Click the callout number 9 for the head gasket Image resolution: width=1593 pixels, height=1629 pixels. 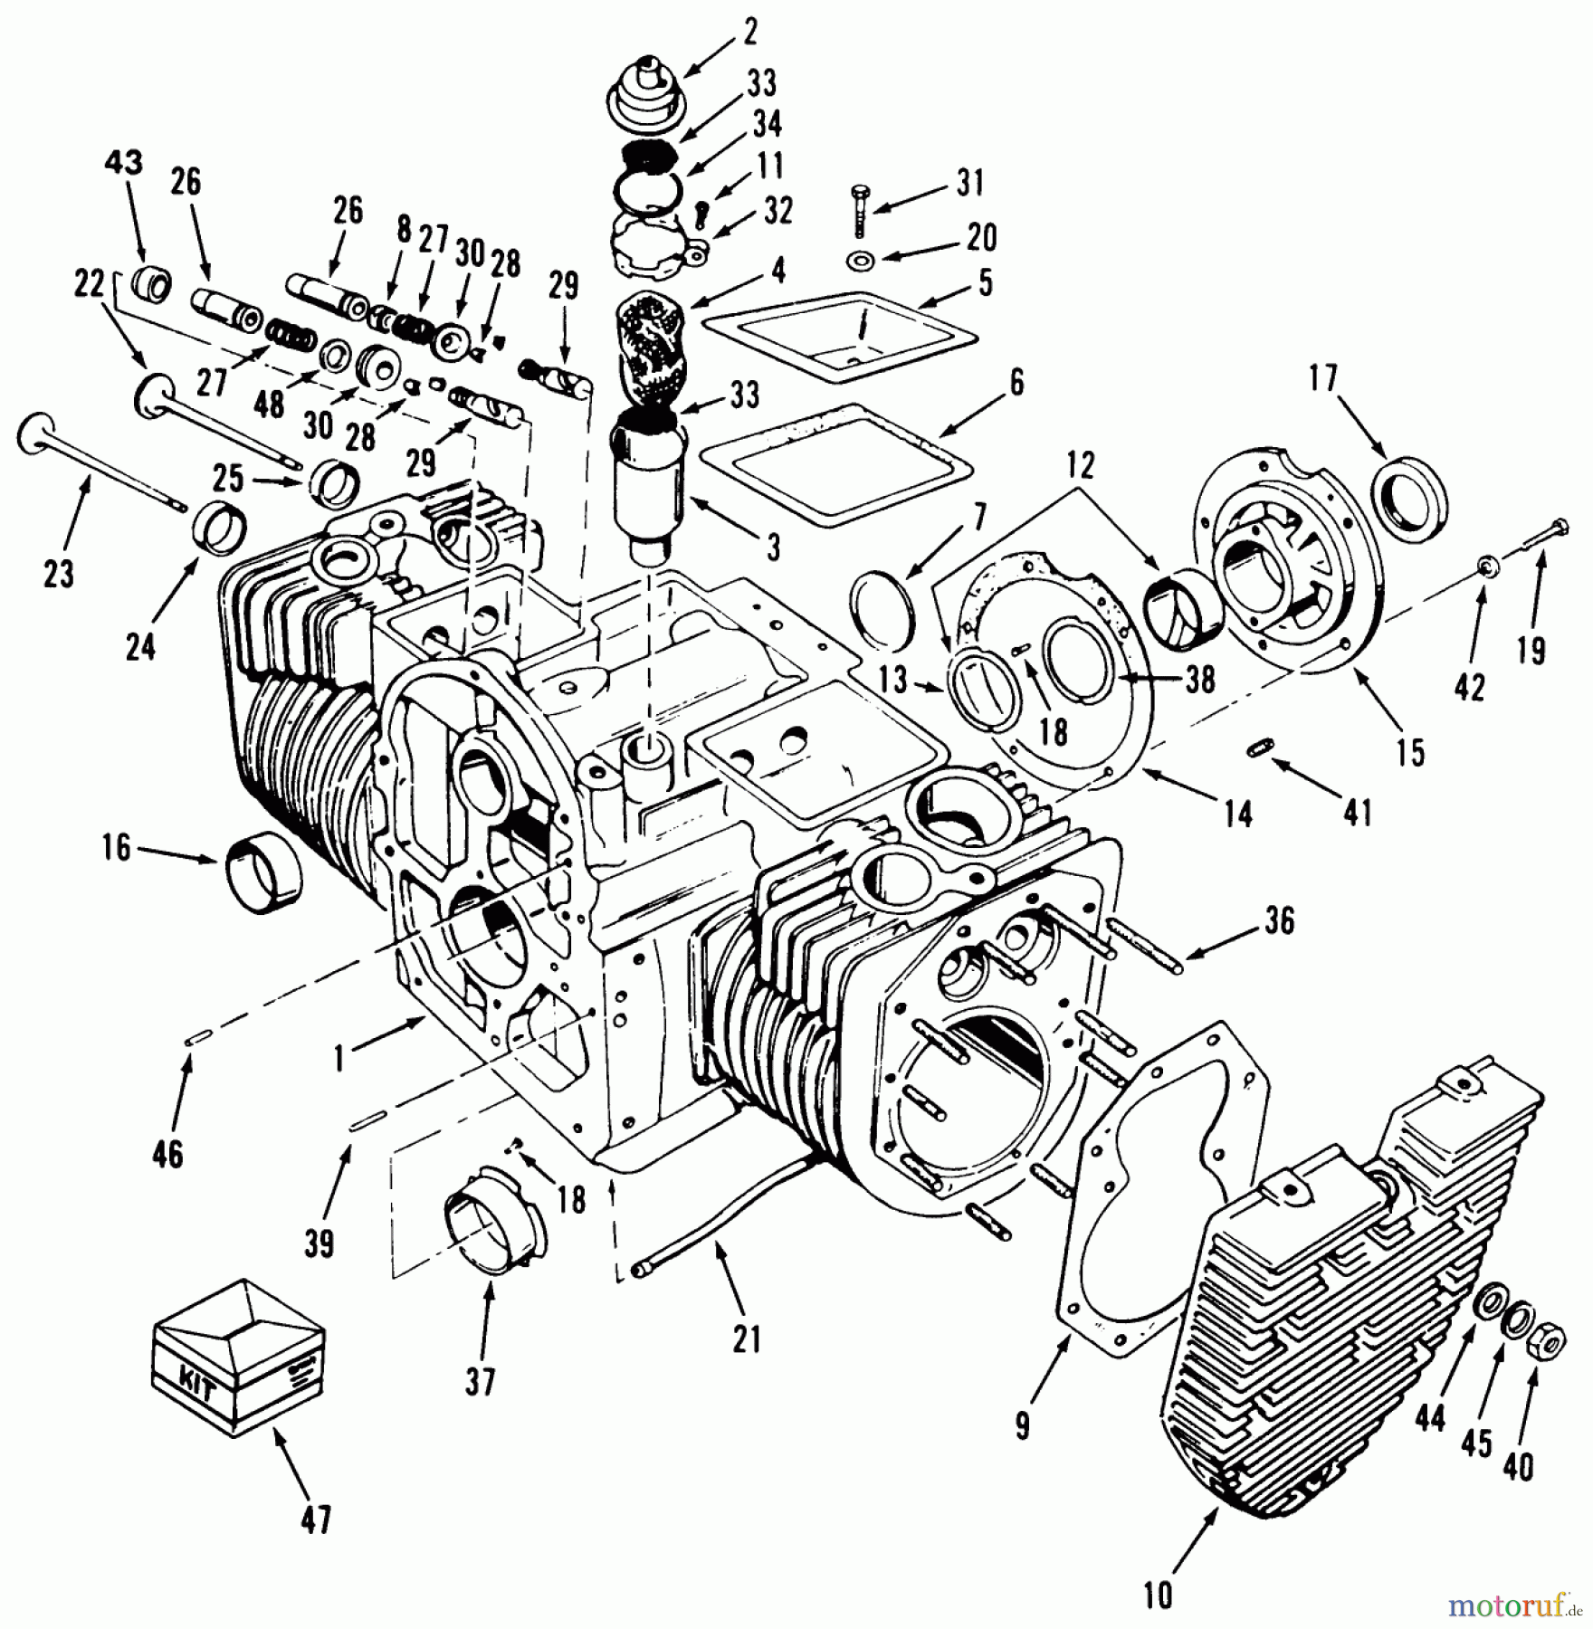click(1022, 1425)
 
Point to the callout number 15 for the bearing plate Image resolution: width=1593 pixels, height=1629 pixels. click(1410, 752)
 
